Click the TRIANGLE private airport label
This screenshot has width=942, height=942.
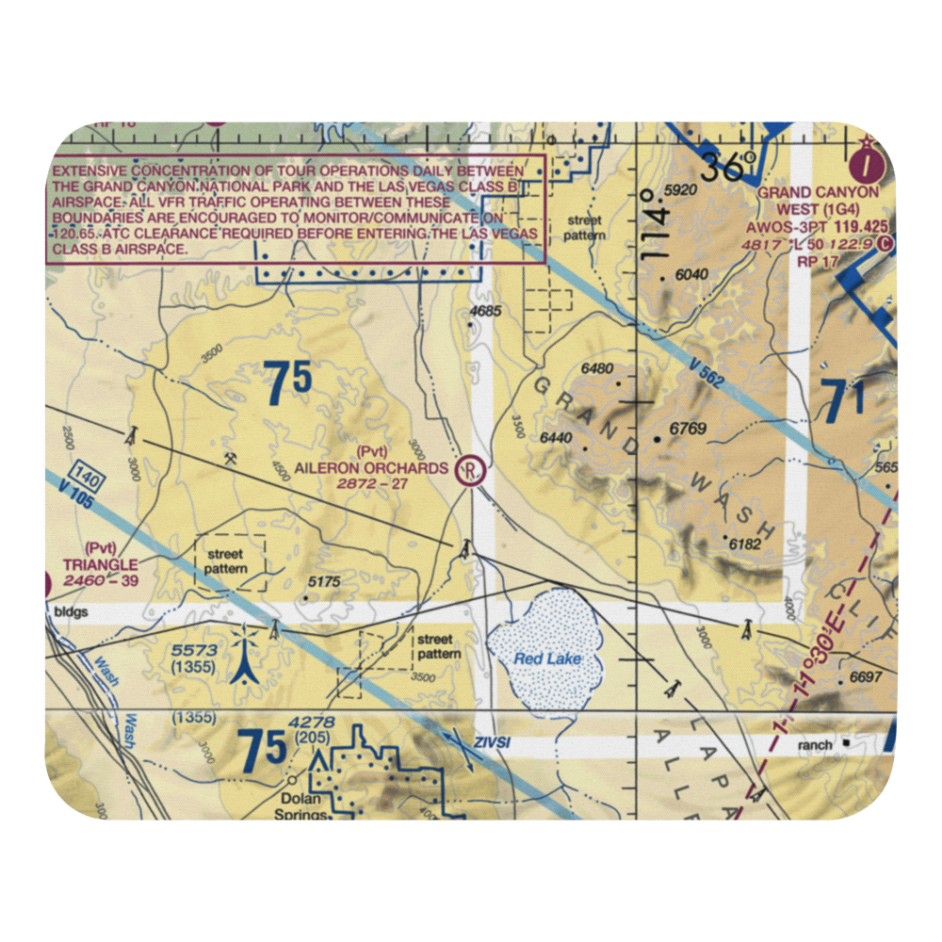[100, 564]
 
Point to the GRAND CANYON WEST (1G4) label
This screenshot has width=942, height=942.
[819, 199]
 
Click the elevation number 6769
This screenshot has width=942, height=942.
[687, 430]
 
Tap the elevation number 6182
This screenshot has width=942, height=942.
[743, 544]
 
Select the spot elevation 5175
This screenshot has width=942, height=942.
[323, 583]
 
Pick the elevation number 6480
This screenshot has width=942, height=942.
[597, 368]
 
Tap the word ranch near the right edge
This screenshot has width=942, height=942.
[814, 745]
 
